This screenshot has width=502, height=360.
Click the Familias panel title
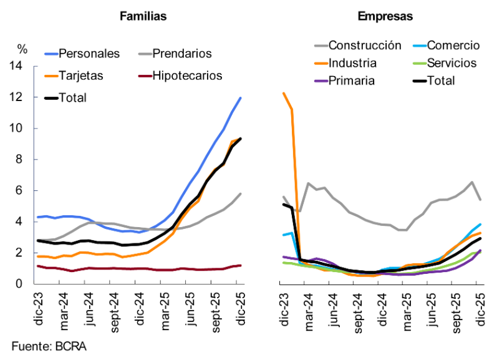point(143,17)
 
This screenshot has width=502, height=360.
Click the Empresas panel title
point(385,17)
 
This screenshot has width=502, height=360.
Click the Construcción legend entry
point(364,45)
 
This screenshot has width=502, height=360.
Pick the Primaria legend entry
point(352,80)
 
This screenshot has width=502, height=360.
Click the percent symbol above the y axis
point(22,48)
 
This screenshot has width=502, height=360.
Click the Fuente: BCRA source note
point(49,346)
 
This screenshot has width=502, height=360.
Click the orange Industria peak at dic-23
point(284,94)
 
